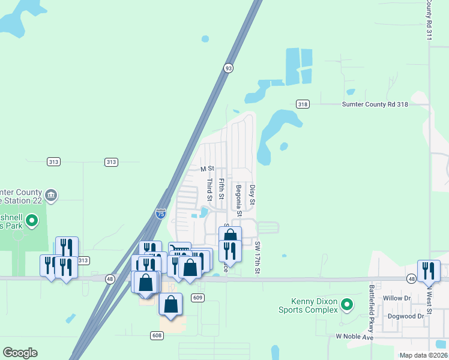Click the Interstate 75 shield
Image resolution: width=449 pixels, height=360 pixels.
click(160, 213)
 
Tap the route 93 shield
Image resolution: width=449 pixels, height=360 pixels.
click(228, 68)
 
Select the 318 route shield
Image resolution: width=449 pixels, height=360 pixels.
click(302, 104)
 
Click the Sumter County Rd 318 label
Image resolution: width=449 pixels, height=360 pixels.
click(375, 104)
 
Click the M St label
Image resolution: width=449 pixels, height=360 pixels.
click(207, 169)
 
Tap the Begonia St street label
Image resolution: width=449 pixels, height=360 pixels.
click(239, 200)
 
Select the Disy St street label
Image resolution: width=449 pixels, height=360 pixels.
click(253, 196)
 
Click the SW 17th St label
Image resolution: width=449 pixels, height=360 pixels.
click(258, 257)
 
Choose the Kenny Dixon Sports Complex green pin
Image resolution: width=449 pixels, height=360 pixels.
click(347, 305)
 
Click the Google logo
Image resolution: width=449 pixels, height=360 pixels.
click(20, 353)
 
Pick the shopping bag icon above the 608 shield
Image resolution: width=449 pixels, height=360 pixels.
click(171, 304)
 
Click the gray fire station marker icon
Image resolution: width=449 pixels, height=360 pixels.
click(51, 194)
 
